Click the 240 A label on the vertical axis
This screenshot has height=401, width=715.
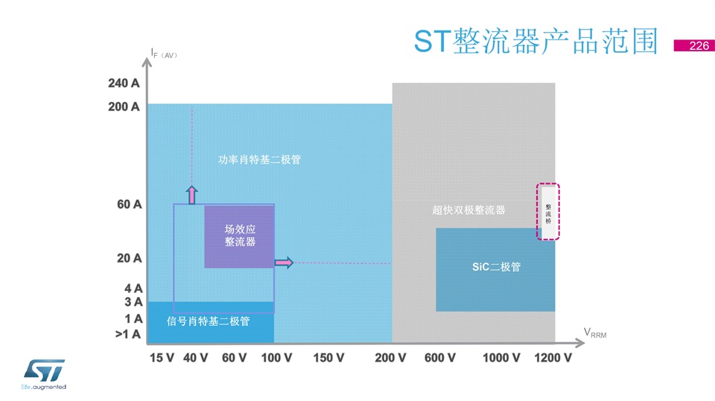[124, 83]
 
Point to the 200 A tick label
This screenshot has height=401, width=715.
[124, 106]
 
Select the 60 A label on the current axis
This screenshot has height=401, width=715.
[129, 204]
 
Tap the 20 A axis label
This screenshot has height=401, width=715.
[129, 258]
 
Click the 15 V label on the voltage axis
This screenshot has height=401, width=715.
[162, 358]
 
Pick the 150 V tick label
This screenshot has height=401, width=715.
[328, 358]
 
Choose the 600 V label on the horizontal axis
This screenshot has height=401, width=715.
[439, 358]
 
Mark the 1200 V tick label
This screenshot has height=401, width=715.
[553, 358]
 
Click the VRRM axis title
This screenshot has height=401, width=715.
[595, 333]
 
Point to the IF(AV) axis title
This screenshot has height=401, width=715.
[164, 54]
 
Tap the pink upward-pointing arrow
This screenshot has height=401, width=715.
[192, 195]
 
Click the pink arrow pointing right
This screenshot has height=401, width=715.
[284, 263]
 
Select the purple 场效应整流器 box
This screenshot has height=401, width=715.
[239, 237]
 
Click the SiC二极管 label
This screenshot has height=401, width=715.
[496, 266]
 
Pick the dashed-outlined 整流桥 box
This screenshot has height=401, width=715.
[548, 212]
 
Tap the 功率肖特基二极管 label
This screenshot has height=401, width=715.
[259, 159]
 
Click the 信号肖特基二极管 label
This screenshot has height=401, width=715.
[208, 321]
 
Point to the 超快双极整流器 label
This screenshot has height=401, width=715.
[468, 210]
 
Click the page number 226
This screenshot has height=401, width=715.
[699, 45]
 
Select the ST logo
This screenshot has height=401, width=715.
[44, 374]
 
